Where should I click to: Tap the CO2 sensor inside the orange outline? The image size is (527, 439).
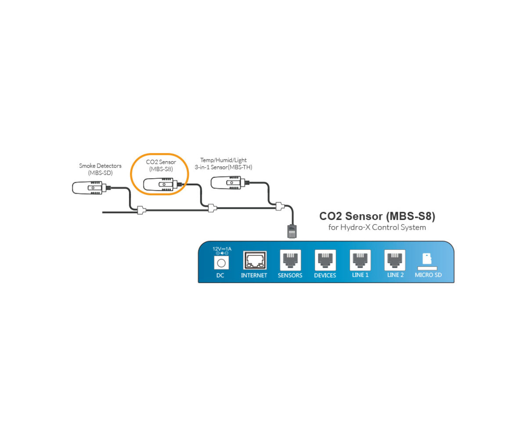pos(161,185)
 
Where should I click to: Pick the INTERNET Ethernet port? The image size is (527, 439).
pos(255,261)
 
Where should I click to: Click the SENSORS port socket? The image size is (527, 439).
pos(290,260)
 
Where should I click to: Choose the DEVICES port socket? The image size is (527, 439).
pos(325,260)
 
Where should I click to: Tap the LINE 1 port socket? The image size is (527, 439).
pos(360,260)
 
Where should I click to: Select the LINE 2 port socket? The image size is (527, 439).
pos(395,260)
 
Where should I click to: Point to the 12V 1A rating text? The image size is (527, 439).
pos(222,249)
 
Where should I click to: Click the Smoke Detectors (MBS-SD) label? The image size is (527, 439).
pos(100,169)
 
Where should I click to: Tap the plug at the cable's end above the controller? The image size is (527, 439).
pos(292,230)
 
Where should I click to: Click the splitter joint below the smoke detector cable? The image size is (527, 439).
pos(141,210)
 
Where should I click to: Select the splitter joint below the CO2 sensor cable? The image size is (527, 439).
pos(212,208)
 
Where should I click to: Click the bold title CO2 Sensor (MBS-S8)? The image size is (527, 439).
pos(377,216)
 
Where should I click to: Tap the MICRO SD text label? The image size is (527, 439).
pos(428,275)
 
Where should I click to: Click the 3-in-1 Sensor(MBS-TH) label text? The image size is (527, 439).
pos(224,167)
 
